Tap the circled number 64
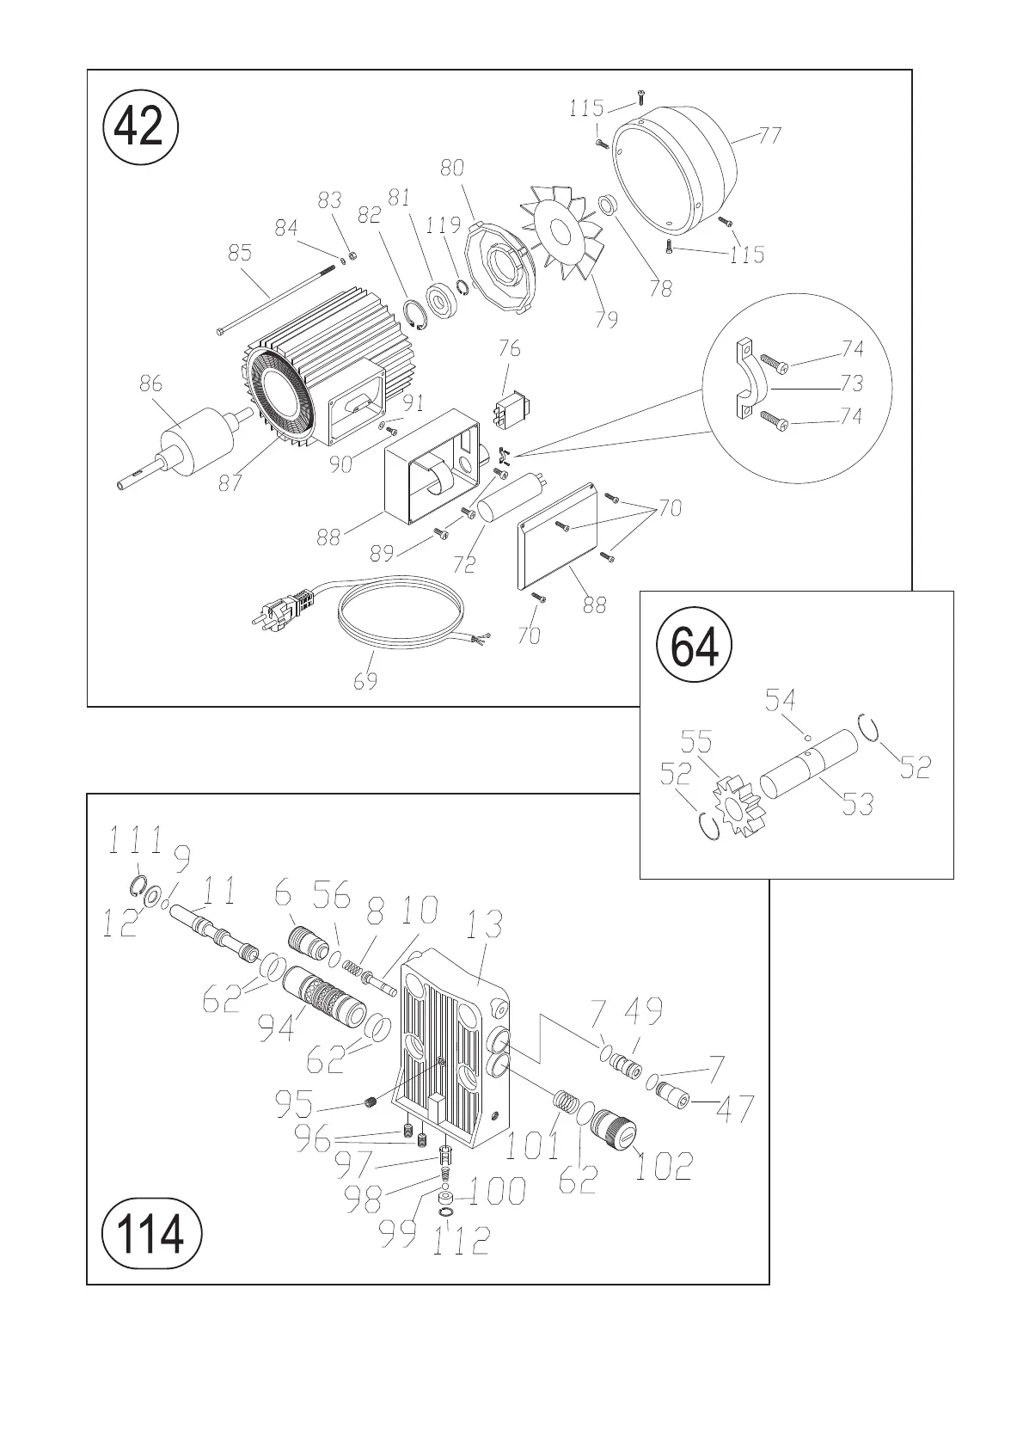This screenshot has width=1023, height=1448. (x=695, y=646)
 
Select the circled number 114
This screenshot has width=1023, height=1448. (x=152, y=1234)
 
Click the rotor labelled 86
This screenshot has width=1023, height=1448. (x=196, y=442)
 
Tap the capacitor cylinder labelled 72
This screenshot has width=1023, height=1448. (x=513, y=500)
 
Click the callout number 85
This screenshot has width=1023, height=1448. (x=240, y=253)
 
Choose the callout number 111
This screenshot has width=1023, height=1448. (x=136, y=841)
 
